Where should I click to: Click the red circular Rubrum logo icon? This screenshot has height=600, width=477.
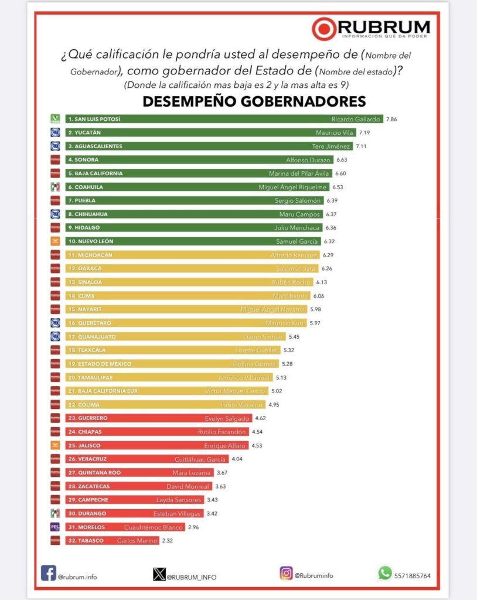coord(324,29)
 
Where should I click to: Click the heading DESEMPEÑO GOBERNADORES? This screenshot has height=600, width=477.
coord(254,101)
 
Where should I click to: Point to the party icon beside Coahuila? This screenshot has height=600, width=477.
coord(55,187)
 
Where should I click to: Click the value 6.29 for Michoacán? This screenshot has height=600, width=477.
coord(328,255)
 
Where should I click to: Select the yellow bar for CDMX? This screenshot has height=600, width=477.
coord(188,296)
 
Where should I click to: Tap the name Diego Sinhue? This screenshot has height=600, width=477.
coord(263,337)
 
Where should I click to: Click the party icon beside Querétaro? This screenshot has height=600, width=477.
coord(55,323)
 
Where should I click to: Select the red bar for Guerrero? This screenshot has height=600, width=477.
coord(158,418)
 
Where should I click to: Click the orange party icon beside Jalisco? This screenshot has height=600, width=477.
coord(55,445)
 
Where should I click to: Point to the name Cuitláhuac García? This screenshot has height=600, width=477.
coord(200,459)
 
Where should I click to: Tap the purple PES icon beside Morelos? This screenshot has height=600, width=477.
coord(55,527)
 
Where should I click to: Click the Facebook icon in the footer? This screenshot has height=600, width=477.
coord(49,572)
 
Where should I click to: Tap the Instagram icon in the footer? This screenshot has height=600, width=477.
coord(286,572)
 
